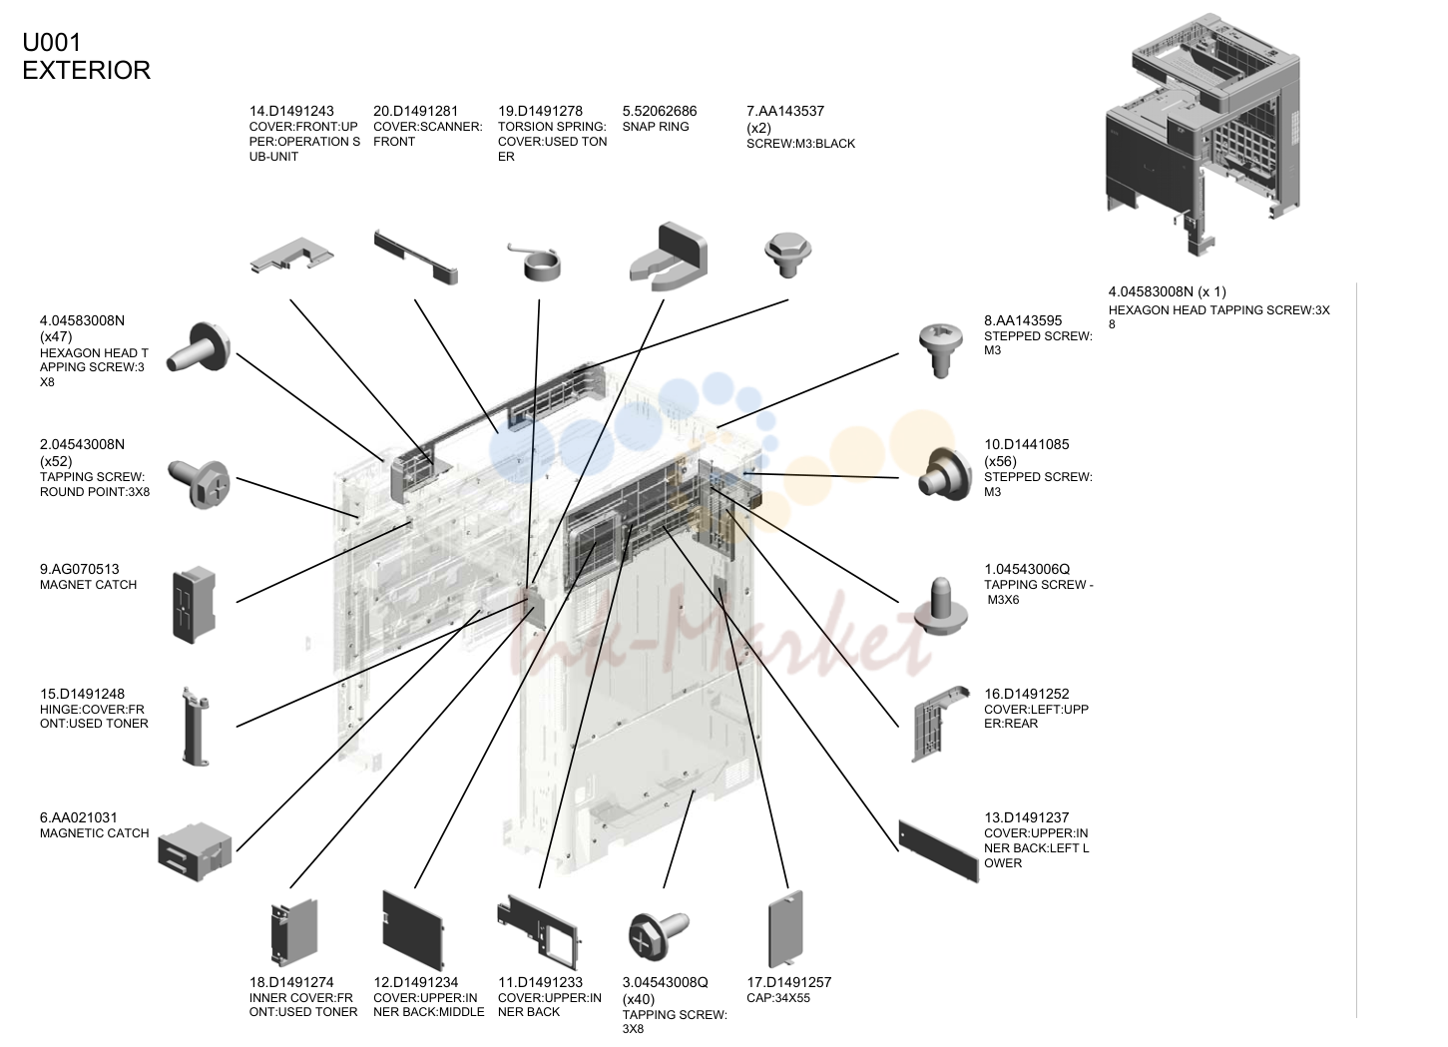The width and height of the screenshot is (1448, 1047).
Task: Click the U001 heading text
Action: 52,43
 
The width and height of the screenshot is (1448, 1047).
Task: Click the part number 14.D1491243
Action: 291,111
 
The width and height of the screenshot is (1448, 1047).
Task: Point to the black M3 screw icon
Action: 787,255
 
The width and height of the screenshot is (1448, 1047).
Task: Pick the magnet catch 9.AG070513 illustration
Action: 194,605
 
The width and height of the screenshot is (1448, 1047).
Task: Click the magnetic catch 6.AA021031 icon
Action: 195,851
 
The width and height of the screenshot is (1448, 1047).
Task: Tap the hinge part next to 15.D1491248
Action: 196,727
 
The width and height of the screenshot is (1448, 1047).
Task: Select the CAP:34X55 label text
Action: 778,998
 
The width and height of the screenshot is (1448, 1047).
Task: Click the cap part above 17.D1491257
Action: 786,928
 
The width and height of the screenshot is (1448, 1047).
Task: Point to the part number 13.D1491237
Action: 1027,818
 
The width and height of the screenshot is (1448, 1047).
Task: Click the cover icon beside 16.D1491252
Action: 939,725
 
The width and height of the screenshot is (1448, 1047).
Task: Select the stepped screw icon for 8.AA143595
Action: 941,350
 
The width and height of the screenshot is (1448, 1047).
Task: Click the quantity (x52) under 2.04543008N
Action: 56,461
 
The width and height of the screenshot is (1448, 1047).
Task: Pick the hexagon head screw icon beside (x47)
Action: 199,349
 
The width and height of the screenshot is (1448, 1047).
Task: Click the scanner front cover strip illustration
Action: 416,258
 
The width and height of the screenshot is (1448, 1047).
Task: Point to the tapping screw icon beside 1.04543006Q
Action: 941,607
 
